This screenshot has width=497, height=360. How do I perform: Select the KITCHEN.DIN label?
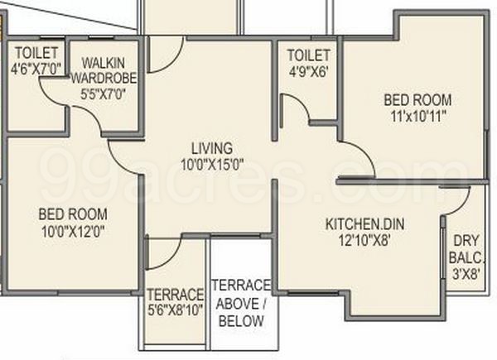(x=358, y=224)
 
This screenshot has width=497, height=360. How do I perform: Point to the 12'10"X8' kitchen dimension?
(x=358, y=240)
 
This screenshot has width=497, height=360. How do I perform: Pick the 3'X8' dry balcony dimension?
(x=466, y=273)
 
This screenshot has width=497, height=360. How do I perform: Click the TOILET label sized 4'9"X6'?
(x=307, y=55)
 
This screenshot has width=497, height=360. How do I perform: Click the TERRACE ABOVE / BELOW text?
(x=239, y=302)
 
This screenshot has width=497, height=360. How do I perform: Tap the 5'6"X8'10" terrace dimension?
(x=175, y=312)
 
